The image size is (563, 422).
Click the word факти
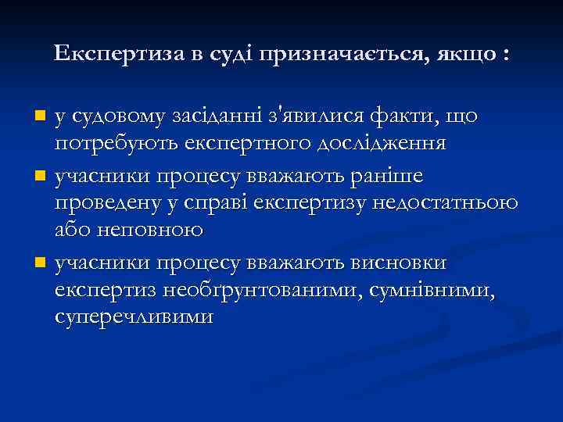point(417,116)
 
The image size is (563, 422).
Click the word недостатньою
point(443,202)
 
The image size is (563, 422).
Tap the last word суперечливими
point(134,316)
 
